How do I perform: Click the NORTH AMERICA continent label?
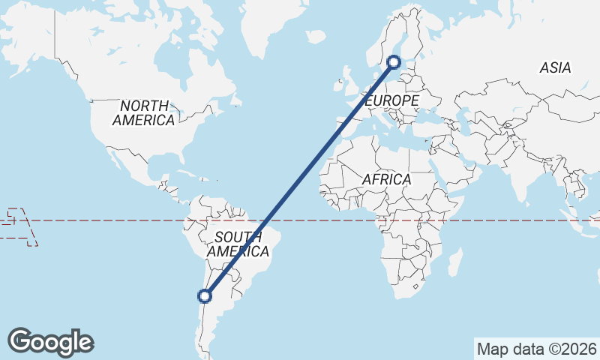145,112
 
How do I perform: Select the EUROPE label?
391,100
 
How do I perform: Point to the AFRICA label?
386,180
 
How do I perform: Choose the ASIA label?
555,68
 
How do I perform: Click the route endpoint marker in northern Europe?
394,63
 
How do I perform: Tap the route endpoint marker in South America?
206,296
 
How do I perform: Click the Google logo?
50,342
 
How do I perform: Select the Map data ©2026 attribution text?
536,349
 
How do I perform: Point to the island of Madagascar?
453,262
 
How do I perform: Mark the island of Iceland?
316,35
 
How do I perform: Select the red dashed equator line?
112,220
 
